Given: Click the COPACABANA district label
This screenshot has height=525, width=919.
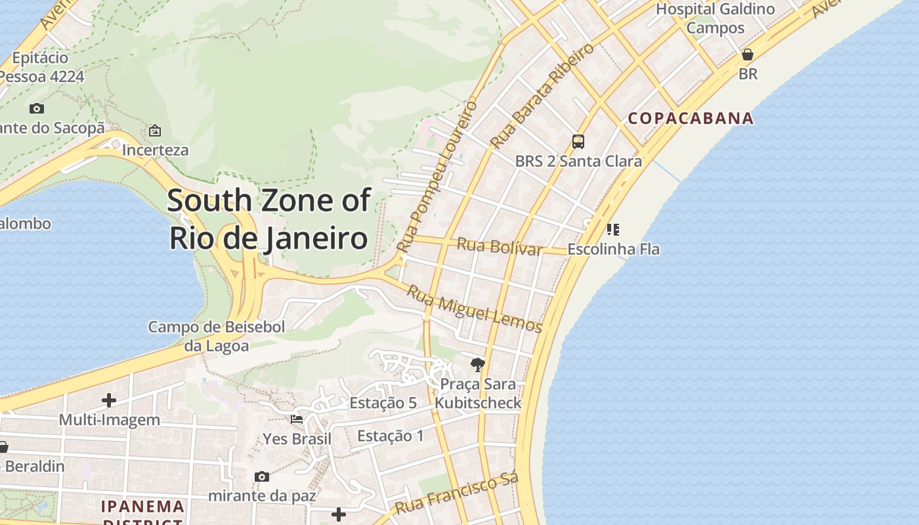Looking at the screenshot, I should (x=691, y=119).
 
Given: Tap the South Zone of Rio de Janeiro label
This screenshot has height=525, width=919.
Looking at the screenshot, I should (x=268, y=219).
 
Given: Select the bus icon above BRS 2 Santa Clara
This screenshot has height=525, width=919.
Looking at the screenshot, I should (x=578, y=141).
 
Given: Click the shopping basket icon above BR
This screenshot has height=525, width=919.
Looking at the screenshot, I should (x=747, y=54).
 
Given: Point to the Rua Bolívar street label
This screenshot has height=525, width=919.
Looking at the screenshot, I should (x=500, y=247).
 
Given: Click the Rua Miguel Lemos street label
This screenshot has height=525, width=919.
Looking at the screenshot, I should (x=475, y=308).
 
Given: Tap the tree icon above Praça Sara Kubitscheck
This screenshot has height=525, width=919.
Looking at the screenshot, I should (x=478, y=364).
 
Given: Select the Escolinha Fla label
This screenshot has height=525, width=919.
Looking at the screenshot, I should (x=613, y=249).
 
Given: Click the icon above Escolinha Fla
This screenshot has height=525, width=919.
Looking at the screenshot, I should (x=613, y=229).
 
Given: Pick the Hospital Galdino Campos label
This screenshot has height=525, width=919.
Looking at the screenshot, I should (x=716, y=18).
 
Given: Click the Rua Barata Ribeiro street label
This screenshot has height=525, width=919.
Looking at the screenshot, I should (x=542, y=95).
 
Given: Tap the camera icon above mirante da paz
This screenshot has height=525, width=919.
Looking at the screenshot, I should (x=262, y=476).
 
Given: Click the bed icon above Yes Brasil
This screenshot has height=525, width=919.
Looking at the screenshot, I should (x=297, y=419).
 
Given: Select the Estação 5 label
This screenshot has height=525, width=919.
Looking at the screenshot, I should (x=383, y=403).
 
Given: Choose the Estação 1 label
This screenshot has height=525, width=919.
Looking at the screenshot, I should (x=391, y=436).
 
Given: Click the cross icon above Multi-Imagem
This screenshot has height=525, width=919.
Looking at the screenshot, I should (x=109, y=400).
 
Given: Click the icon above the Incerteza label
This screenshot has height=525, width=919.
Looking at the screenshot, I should (x=155, y=130).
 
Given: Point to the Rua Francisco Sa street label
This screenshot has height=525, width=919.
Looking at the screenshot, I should (x=457, y=493).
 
